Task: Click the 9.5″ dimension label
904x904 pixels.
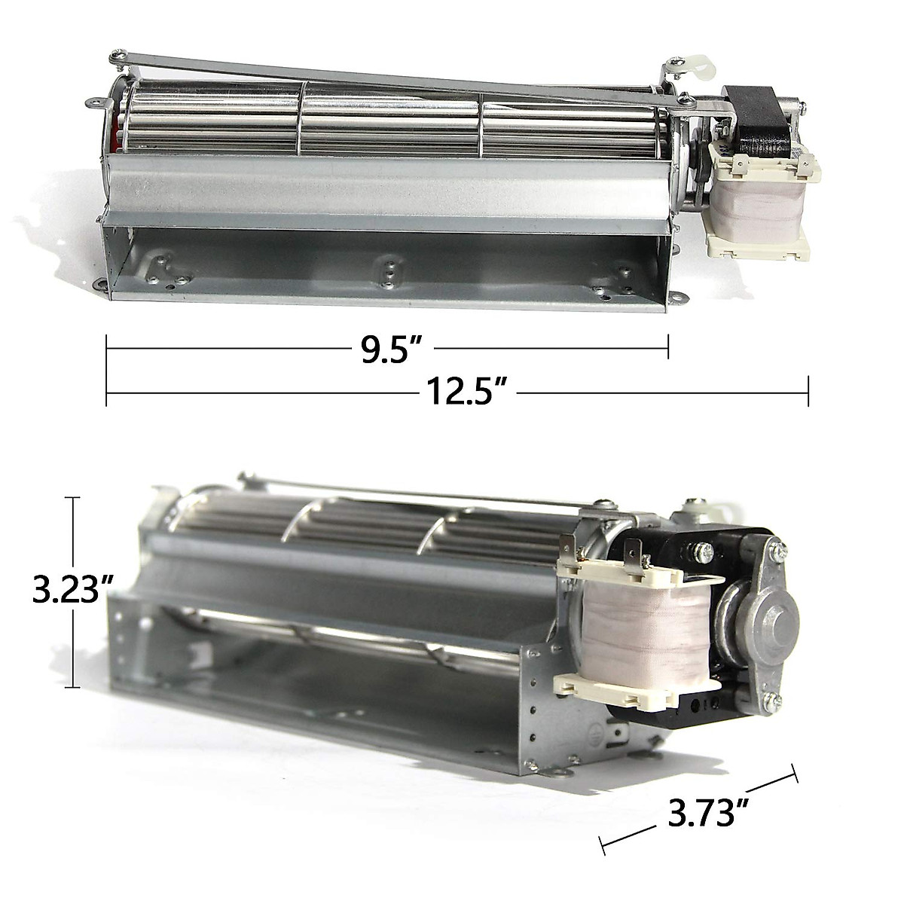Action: coord(389,351)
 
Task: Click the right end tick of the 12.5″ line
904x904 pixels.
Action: coord(808,392)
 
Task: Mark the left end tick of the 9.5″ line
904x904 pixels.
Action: coord(107,349)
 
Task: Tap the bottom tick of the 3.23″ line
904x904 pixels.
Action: coord(73,686)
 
